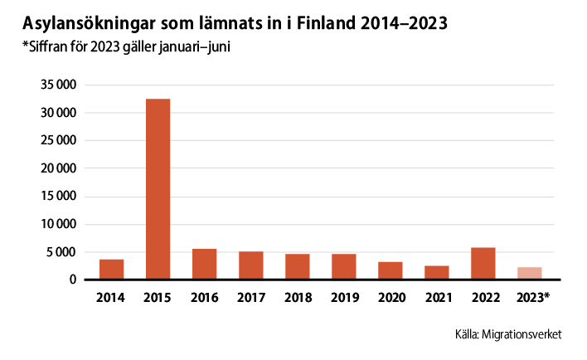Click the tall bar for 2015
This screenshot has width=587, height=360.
point(158,189)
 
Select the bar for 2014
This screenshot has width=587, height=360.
point(111,270)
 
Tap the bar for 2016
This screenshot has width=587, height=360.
point(204,264)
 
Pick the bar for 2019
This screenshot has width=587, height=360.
point(343,266)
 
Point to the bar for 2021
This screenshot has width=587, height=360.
point(436,272)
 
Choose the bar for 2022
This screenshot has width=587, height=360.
point(483,263)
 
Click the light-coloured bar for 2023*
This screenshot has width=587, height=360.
point(530,273)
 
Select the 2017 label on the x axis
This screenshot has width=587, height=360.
point(250,296)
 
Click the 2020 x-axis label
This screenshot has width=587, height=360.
point(390,296)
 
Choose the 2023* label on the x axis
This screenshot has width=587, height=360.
point(531,296)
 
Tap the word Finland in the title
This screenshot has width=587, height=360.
point(323,22)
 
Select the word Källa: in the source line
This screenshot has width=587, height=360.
point(470,334)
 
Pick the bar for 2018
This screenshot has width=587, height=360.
point(297,266)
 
